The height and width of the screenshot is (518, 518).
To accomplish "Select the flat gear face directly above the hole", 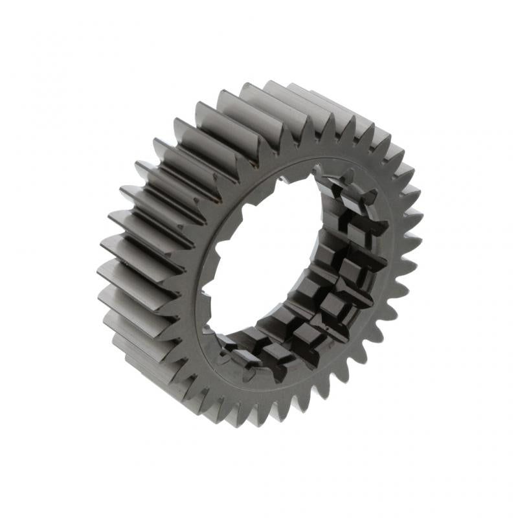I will pyautogui.click(x=285, y=155).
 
